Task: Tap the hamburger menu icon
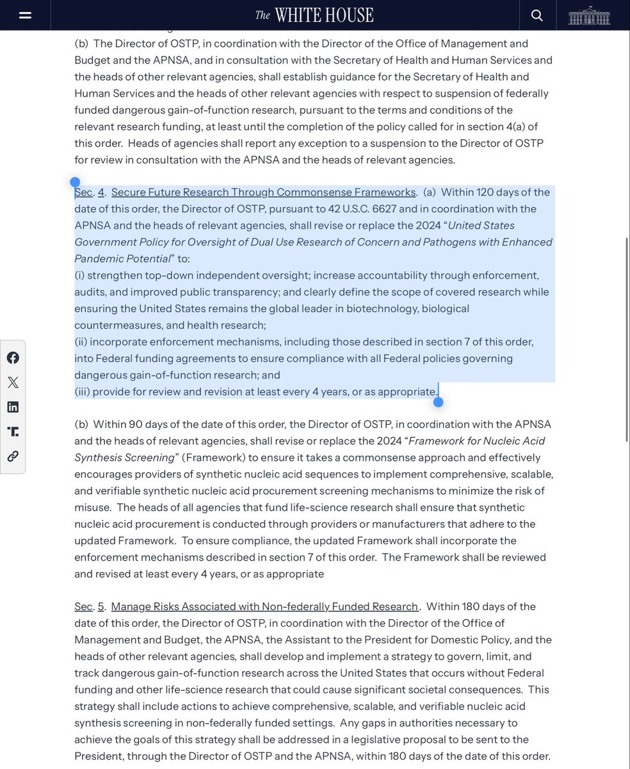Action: pyautogui.click(x=26, y=15)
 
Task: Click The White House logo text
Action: pyautogui.click(x=314, y=15)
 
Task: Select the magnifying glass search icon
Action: pyautogui.click(x=537, y=15)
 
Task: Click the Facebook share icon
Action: pyautogui.click(x=13, y=358)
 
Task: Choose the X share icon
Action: pyautogui.click(x=13, y=383)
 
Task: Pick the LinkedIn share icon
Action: pyautogui.click(x=13, y=407)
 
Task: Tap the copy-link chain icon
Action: pyautogui.click(x=13, y=456)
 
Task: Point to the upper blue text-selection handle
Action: pyautogui.click(x=75, y=183)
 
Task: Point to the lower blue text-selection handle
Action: pyautogui.click(x=438, y=402)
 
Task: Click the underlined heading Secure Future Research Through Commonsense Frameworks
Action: pyautogui.click(x=263, y=192)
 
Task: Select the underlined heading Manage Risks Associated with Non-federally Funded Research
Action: pyautogui.click(x=264, y=606)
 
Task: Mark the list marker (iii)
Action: pyautogui.click(x=82, y=392)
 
